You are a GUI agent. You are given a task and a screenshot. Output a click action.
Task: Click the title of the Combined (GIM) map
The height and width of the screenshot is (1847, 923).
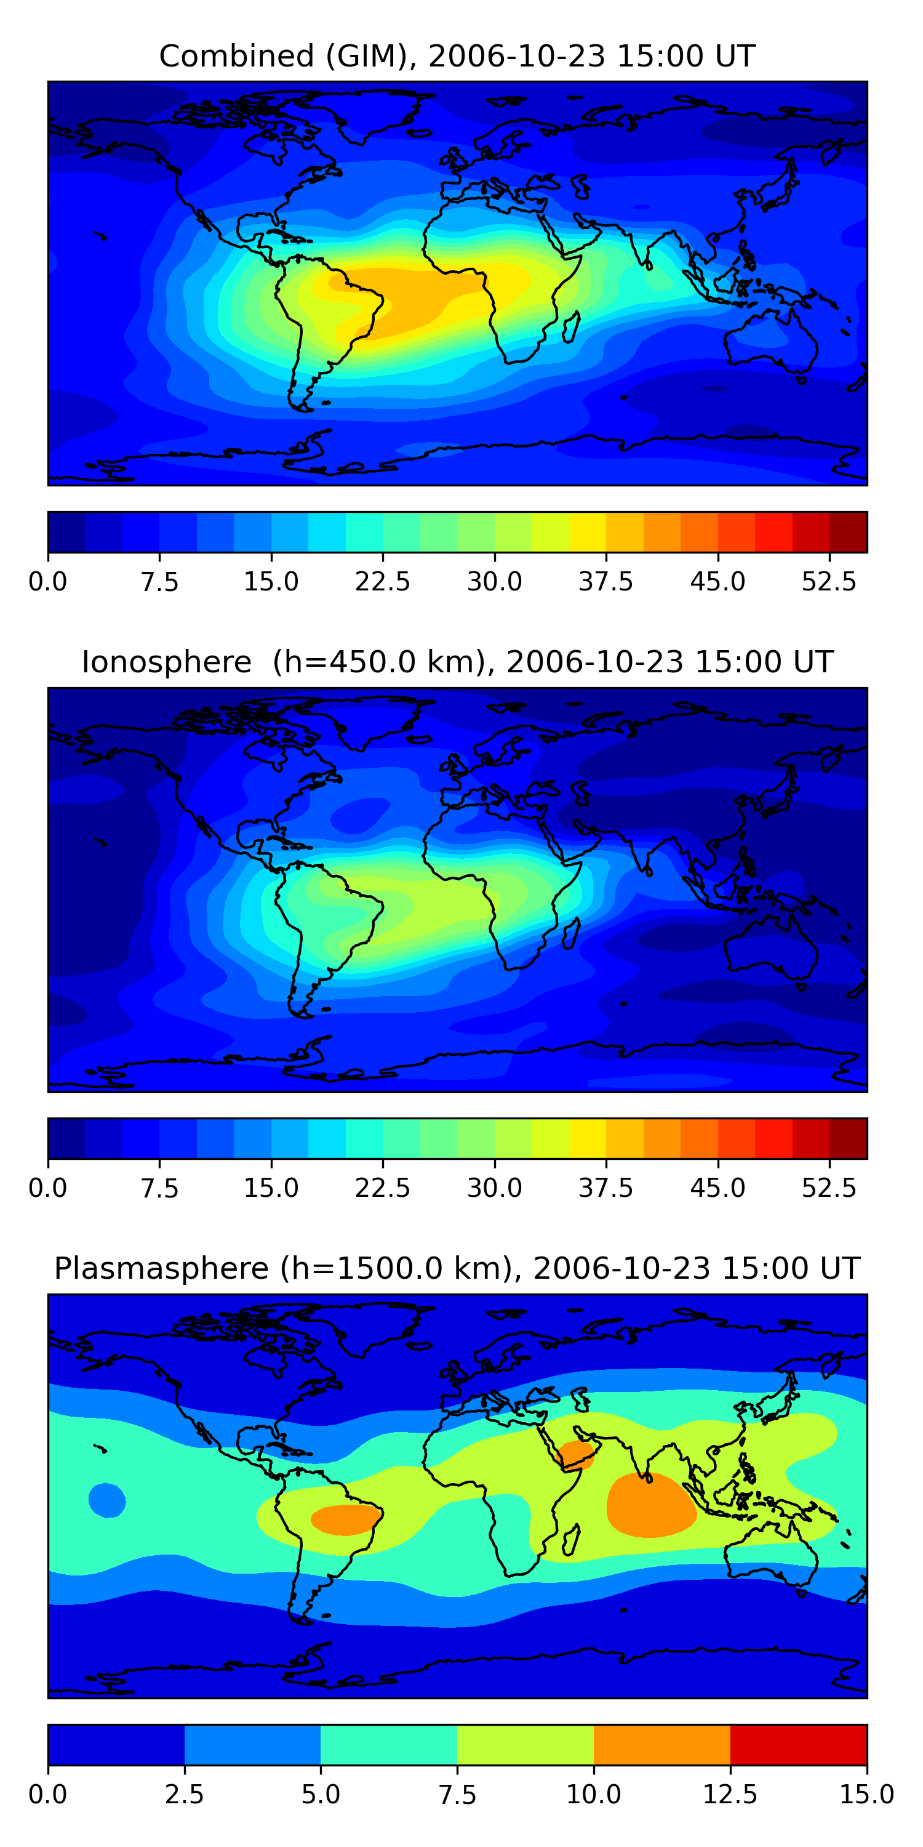click(457, 56)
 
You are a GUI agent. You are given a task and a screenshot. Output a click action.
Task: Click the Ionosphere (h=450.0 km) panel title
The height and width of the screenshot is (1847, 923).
click(457, 662)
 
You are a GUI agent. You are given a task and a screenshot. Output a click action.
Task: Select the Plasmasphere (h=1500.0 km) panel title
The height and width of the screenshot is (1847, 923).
click(457, 1268)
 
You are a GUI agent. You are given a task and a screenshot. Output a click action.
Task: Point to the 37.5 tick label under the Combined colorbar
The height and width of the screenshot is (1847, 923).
click(605, 581)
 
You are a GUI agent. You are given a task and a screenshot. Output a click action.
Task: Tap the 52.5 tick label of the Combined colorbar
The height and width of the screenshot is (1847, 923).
click(828, 581)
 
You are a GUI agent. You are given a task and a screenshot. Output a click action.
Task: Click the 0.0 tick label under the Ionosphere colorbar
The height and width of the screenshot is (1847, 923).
click(48, 1188)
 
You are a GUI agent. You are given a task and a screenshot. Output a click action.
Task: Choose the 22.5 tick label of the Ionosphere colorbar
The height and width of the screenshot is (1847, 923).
click(383, 1188)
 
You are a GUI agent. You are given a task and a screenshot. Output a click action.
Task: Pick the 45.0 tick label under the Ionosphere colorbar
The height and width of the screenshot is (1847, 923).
click(717, 1188)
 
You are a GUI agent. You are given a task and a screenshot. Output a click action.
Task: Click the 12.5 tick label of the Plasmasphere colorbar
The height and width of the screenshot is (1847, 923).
click(730, 1794)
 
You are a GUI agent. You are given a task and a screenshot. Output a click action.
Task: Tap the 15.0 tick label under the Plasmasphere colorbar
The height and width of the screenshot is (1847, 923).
click(866, 1794)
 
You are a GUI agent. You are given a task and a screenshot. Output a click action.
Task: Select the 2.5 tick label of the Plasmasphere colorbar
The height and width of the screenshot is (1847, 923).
click(184, 1794)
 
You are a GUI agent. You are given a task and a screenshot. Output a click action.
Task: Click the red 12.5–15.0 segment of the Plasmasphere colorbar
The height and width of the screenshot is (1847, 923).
click(798, 1744)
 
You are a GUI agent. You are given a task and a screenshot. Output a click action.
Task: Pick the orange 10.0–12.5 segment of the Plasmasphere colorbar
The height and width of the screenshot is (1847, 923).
click(661, 1744)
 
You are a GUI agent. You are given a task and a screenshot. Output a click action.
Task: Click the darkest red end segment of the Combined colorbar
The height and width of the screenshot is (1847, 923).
click(849, 532)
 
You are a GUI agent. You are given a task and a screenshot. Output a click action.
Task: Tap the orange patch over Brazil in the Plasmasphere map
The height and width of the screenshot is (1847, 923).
click(345, 1519)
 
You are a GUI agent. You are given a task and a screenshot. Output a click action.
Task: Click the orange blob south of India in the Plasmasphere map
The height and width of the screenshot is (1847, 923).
click(650, 1506)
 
